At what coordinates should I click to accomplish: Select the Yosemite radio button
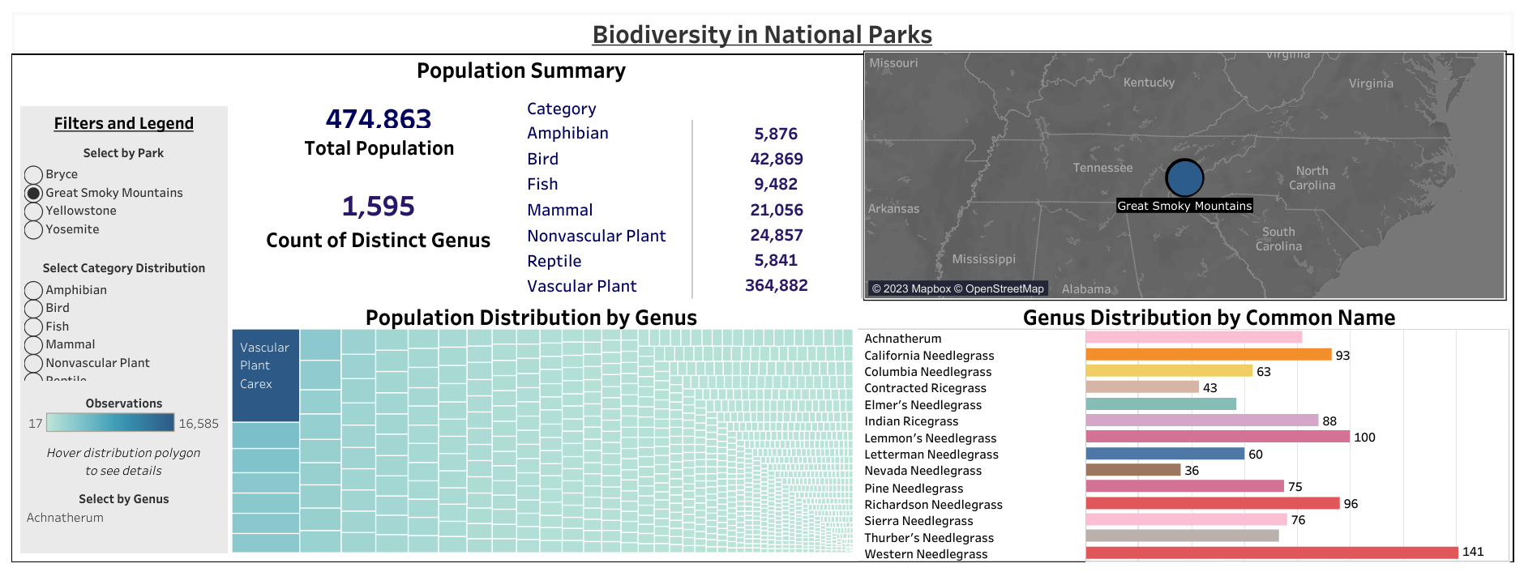(33, 230)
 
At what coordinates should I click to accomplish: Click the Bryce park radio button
(33, 175)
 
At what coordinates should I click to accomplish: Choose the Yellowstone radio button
(33, 211)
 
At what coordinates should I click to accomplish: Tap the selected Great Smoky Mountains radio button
(33, 194)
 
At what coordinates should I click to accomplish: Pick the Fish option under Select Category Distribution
(33, 327)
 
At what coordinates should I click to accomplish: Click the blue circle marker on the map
(1184, 177)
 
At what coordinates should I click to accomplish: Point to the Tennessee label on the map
(1102, 168)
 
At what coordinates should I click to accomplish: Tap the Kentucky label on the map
(1149, 83)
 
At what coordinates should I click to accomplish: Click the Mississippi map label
(983, 259)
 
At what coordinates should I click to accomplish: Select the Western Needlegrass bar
(1272, 553)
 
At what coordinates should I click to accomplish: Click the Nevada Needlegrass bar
(1133, 470)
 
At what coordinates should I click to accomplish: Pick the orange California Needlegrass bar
(1209, 354)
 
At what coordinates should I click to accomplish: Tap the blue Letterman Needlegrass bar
(1165, 454)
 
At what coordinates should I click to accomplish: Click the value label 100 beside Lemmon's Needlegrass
(1364, 438)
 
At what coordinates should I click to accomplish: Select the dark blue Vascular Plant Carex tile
(266, 375)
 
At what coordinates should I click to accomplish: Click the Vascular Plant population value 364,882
(777, 285)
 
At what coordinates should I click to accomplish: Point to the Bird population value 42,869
(777, 159)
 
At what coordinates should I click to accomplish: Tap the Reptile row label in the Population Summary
(554, 261)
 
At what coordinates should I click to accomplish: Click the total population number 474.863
(379, 119)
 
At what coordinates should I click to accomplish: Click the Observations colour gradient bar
(110, 422)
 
